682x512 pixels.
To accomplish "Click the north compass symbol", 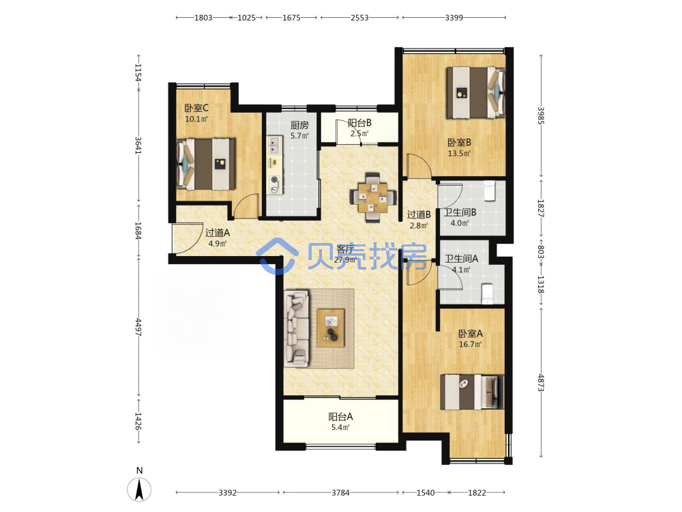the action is (x=139, y=489).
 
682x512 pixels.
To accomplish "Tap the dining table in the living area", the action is (x=373, y=198).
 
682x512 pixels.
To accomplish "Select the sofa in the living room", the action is (x=297, y=328).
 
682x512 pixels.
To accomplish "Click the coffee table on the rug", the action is (x=331, y=328).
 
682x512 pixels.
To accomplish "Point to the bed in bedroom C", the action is (x=206, y=164).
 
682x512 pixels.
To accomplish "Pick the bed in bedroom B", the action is (x=476, y=92).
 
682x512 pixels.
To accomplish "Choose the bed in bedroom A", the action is (x=472, y=392).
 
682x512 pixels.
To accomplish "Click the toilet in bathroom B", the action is (x=490, y=190).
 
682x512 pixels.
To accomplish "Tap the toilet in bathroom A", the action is (x=487, y=294).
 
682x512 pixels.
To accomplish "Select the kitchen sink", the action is (x=274, y=145).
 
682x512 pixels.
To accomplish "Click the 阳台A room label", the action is (x=340, y=416).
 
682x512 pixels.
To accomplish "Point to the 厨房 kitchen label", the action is (x=299, y=125).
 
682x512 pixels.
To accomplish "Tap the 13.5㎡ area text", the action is (x=459, y=153).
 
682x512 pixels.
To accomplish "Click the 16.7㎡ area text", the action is (x=470, y=344).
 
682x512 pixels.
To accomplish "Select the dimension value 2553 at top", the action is (x=359, y=18).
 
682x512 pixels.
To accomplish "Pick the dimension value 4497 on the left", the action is (x=138, y=327).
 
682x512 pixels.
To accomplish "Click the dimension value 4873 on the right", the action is (x=541, y=383).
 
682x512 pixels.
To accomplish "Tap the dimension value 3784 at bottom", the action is (x=340, y=492).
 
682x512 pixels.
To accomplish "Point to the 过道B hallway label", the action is (x=419, y=214).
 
